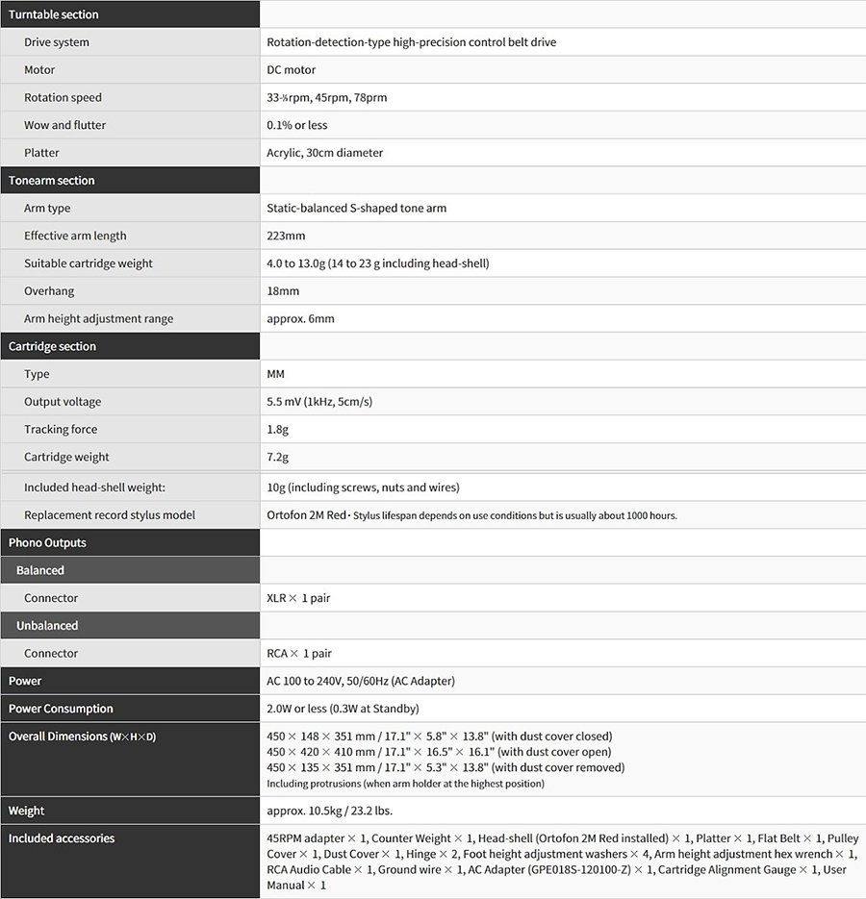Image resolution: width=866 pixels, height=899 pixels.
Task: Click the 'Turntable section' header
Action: [x=54, y=14]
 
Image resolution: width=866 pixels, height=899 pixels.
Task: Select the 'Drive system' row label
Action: [x=57, y=42]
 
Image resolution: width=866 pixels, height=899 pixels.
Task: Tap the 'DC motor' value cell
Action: [x=291, y=70]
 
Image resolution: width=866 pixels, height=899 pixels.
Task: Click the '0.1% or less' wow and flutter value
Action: [x=296, y=125]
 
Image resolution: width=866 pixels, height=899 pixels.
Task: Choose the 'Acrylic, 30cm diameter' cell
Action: [x=324, y=153]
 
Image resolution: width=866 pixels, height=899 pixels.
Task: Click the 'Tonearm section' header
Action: [x=51, y=181]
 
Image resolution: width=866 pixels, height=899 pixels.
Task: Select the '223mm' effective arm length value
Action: [x=286, y=236]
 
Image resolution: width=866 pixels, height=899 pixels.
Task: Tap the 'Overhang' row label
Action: [x=49, y=291]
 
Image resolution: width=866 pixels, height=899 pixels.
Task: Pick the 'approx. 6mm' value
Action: [x=300, y=319]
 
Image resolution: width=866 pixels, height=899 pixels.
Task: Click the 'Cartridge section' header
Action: [x=52, y=346]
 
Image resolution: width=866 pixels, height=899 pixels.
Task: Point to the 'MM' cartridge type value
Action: [x=275, y=374]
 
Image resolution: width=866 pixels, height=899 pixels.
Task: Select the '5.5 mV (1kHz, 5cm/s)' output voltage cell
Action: [x=319, y=402]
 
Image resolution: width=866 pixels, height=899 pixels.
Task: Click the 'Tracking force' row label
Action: [x=61, y=430]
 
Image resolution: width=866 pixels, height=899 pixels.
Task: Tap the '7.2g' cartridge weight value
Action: [x=277, y=458]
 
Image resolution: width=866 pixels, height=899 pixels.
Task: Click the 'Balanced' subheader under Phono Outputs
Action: [x=40, y=570]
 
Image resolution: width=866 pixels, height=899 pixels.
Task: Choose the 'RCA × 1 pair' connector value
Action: [x=298, y=654]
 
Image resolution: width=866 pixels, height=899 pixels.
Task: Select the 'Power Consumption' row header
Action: [x=61, y=709]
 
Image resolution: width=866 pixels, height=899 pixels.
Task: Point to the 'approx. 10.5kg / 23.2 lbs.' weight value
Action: [x=329, y=811]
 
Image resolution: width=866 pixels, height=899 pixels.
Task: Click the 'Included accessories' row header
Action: [x=62, y=838]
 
